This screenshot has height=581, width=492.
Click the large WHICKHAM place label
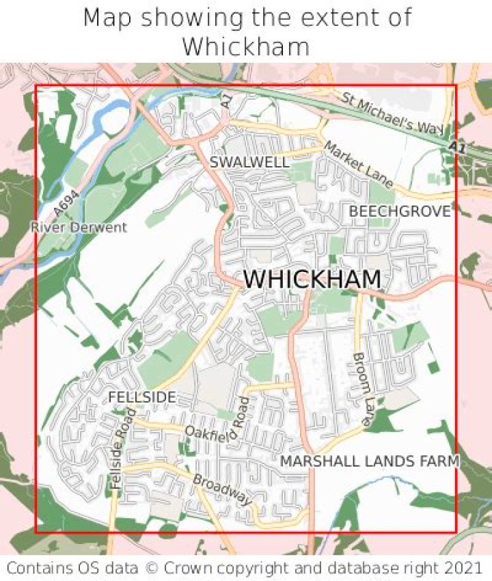(x=312, y=280)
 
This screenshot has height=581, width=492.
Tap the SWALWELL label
(x=249, y=162)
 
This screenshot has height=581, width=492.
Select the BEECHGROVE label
(x=400, y=212)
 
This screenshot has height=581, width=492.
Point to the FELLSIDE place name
(x=142, y=397)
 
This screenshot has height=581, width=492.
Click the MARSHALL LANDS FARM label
(x=370, y=462)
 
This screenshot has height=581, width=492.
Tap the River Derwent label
(x=79, y=227)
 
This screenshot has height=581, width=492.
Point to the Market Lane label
(x=358, y=164)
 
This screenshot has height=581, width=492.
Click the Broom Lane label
(x=360, y=390)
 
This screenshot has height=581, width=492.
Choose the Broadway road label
(x=222, y=489)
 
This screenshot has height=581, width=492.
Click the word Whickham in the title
(x=246, y=46)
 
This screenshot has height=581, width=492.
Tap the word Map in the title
(x=107, y=18)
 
